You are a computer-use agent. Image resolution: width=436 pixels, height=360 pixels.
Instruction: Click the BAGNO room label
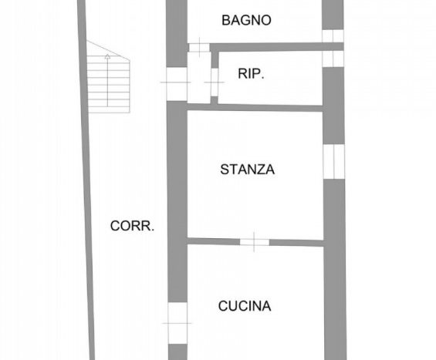[x=246, y=20]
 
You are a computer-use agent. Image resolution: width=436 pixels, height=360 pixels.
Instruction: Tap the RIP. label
[x=251, y=74]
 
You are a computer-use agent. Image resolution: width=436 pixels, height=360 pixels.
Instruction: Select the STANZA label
[x=247, y=170]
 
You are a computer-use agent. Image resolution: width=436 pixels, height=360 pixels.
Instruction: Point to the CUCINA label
[x=245, y=306]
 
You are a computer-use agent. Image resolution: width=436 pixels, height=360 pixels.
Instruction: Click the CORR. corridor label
[x=132, y=226]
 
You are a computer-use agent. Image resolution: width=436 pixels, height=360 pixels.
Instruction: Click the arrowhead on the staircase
[x=107, y=57]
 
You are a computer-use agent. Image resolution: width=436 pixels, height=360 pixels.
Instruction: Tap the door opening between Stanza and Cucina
[x=255, y=242]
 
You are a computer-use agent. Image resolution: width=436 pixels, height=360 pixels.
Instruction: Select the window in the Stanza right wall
[x=334, y=161]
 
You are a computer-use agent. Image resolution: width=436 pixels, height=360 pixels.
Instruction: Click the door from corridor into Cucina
[x=177, y=323]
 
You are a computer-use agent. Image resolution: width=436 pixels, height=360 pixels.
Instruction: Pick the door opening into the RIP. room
[x=215, y=82]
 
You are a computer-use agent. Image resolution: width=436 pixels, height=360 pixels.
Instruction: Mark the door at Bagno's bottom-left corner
[x=199, y=48]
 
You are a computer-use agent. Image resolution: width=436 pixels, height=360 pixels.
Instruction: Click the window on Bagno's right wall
[x=333, y=35]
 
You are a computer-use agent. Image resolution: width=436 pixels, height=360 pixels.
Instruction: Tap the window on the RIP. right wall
[x=333, y=59]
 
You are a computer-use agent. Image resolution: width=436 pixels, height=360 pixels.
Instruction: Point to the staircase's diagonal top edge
[x=108, y=50]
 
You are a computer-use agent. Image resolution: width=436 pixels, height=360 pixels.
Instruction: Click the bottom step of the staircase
[x=109, y=109]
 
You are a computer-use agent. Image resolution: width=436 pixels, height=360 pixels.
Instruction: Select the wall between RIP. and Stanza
[x=255, y=107]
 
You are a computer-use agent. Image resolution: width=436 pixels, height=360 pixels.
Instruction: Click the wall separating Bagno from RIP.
[x=277, y=47]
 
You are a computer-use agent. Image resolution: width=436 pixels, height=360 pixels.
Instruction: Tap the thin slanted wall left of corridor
[x=86, y=180]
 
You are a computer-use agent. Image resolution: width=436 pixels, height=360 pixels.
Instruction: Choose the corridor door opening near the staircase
[x=177, y=84]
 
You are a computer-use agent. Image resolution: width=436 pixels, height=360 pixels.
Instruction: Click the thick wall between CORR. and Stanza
[x=177, y=201]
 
